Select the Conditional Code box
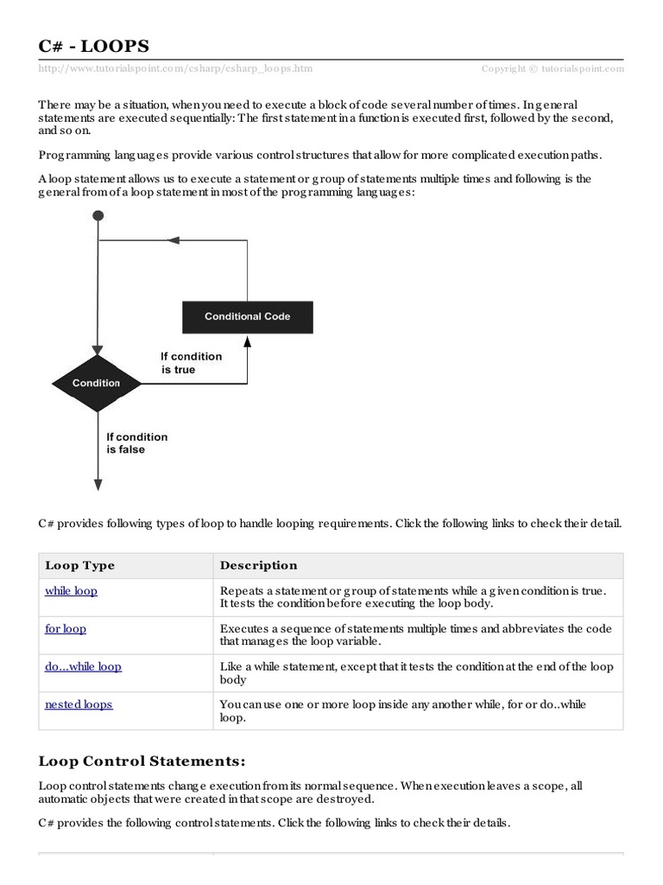(248, 316)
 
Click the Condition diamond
(97, 383)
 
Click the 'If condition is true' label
(191, 363)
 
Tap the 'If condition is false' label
(136, 443)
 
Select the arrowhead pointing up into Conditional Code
(248, 340)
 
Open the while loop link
(71, 591)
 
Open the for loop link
(66, 629)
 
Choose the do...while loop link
(83, 666)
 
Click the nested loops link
(79, 704)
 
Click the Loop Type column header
(79, 565)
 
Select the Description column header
(258, 565)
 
